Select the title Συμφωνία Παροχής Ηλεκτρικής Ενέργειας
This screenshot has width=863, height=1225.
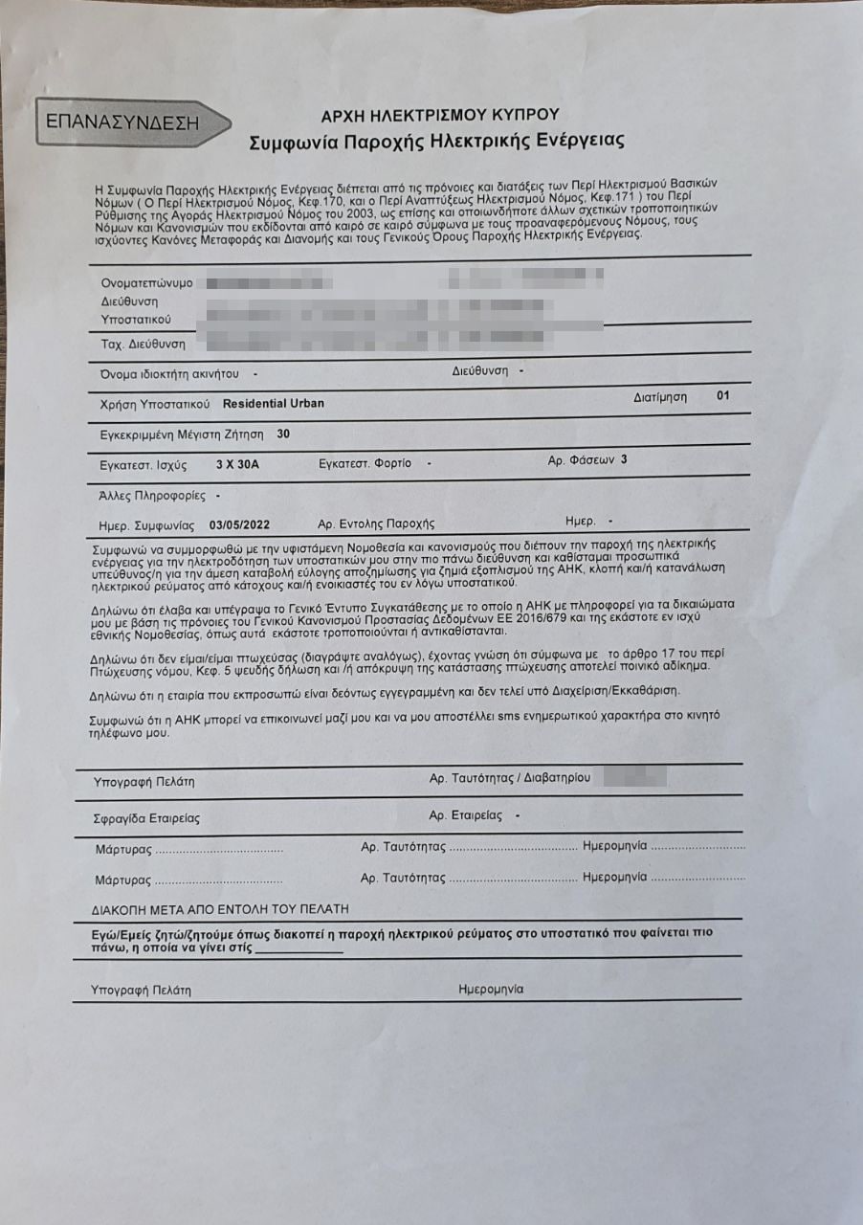(x=436, y=142)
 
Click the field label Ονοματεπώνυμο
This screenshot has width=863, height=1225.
(x=147, y=284)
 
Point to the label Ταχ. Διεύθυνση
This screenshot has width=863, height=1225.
(x=144, y=344)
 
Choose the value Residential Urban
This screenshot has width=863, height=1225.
(x=273, y=403)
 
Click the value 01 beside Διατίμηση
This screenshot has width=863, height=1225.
(x=722, y=394)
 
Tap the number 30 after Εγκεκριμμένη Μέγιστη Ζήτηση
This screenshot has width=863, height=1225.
(x=283, y=434)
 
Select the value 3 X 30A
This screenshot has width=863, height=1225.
(x=238, y=464)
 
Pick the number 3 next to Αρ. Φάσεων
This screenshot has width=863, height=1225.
(x=624, y=459)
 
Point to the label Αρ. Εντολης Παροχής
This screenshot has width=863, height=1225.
(x=376, y=524)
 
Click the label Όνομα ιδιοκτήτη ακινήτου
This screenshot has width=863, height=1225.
(x=169, y=373)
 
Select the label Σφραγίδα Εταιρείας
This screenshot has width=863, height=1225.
(x=147, y=819)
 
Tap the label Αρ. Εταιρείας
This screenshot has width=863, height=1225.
(x=465, y=815)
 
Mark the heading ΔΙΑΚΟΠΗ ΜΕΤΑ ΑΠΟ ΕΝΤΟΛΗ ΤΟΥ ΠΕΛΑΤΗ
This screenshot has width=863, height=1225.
(x=220, y=908)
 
